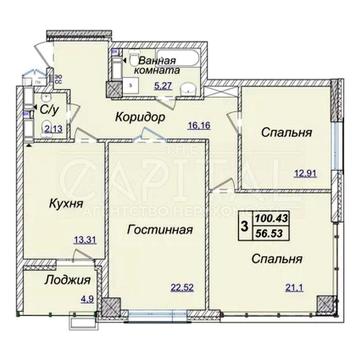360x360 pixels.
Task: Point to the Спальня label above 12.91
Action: (284, 131)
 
